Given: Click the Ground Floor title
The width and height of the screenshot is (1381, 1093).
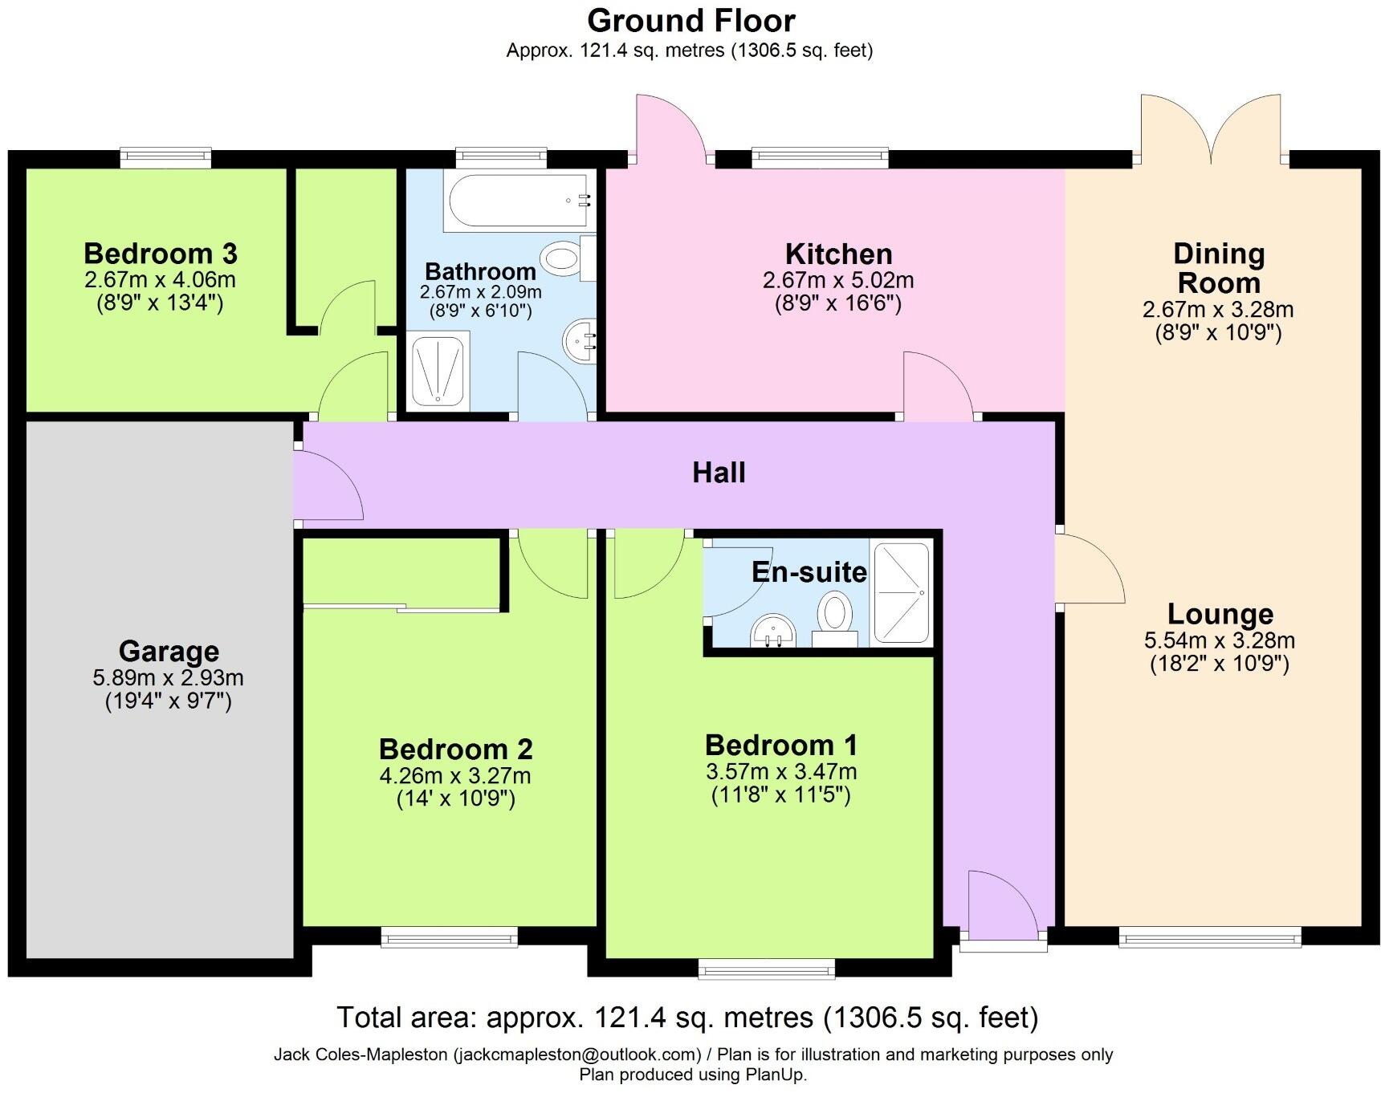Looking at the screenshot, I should pyautogui.click(x=690, y=21).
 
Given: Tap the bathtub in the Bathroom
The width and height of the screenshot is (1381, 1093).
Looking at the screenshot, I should pyautogui.click(x=520, y=201).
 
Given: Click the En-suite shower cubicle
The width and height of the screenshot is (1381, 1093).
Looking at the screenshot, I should pyautogui.click(x=901, y=593).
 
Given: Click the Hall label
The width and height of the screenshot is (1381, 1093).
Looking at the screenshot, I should pyautogui.click(x=719, y=473).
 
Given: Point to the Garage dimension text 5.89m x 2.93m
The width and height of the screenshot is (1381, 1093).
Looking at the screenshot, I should pyautogui.click(x=168, y=678).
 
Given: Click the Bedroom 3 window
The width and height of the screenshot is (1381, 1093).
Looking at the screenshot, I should pyautogui.click(x=165, y=157).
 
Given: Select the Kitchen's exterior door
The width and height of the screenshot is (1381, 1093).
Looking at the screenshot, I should pyautogui.click(x=670, y=128).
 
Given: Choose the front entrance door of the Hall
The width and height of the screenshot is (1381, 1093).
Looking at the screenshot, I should pyautogui.click(x=1004, y=905).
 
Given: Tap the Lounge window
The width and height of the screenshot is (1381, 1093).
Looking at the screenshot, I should pyautogui.click(x=1209, y=936).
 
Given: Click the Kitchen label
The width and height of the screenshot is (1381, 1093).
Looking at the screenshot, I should pyautogui.click(x=838, y=254).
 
